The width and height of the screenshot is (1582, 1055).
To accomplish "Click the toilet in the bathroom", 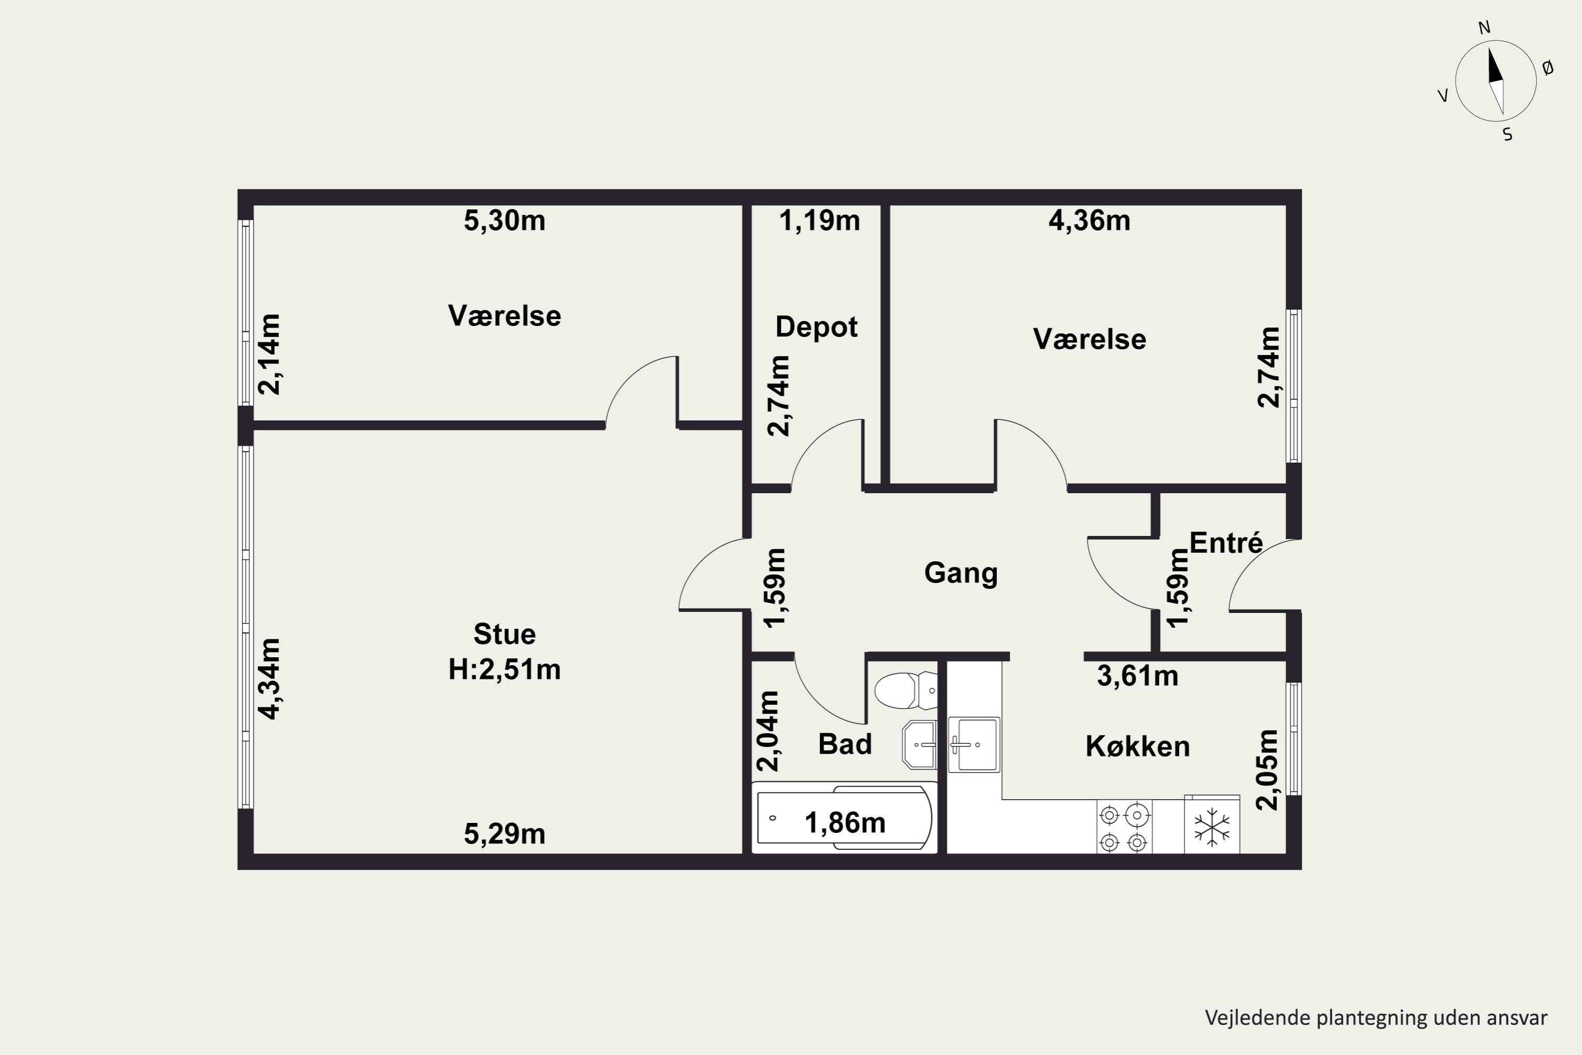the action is point(905,690).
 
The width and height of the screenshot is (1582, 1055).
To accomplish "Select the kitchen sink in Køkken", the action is point(974,744).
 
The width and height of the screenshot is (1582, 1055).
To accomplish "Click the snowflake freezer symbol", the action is point(1211,827).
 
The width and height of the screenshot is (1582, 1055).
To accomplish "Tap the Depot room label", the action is point(816,327).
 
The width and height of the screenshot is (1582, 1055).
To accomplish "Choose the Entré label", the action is point(1226,542).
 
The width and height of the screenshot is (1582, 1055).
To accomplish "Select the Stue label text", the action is point(505,634).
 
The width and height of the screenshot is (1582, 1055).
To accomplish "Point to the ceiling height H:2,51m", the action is point(505,669).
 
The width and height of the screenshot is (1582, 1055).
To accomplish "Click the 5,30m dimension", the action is point(505,220).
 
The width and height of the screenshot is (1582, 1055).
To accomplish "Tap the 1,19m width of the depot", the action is point(819,220).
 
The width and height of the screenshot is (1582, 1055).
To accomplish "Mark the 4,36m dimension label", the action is point(1089,220).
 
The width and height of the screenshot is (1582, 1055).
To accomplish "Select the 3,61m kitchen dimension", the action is point(1137,676).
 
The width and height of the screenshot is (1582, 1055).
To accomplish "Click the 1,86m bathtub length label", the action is point(845,823).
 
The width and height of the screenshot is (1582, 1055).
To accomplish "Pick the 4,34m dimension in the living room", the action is point(269,679).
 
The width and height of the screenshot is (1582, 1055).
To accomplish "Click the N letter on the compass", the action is point(1484,27).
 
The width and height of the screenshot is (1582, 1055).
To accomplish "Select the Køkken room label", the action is point(1137,746).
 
